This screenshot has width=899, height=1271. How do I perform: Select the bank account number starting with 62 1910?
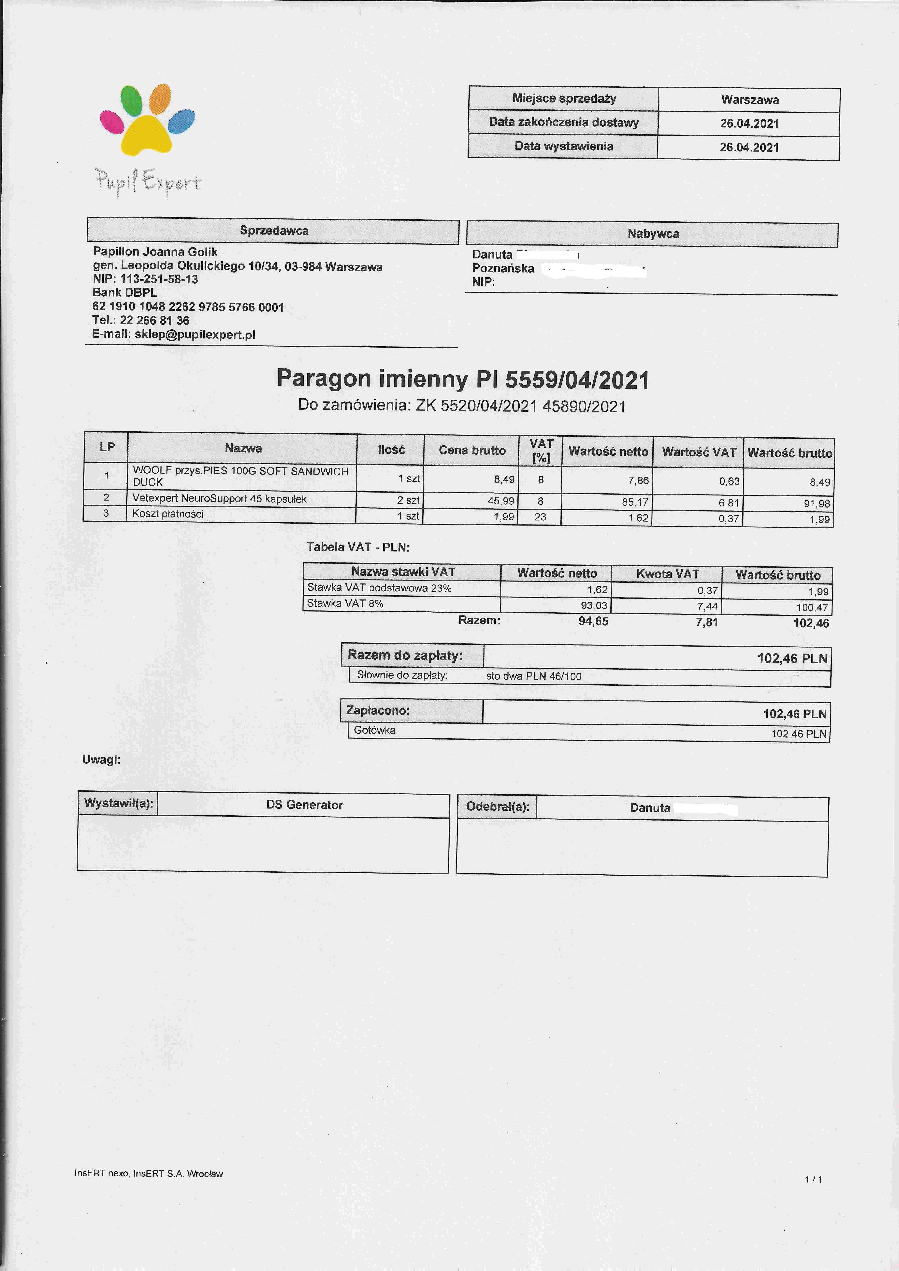click(188, 307)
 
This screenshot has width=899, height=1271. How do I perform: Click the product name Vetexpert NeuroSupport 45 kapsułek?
click(219, 499)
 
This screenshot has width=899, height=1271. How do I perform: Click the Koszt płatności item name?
click(168, 514)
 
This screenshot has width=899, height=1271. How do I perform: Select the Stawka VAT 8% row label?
click(345, 603)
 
